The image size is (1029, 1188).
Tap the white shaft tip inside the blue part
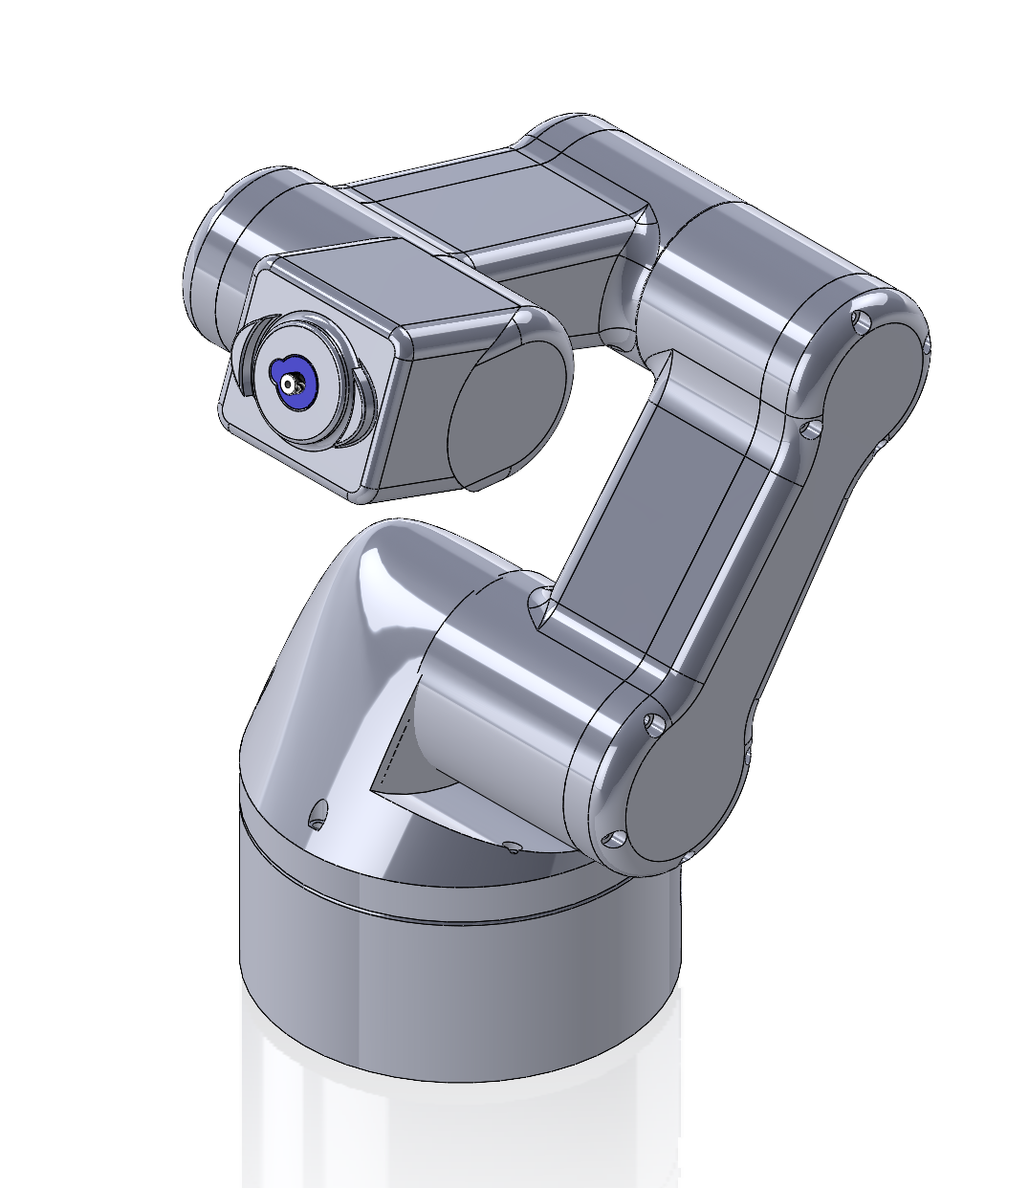(x=290, y=384)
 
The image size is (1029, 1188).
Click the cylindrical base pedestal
(x=459, y=995)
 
